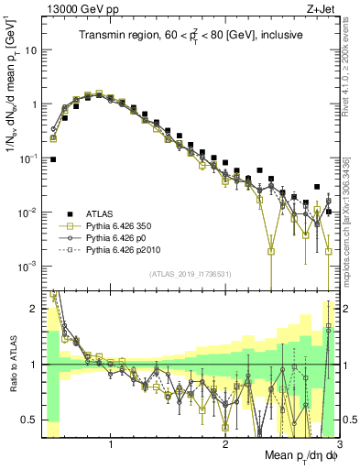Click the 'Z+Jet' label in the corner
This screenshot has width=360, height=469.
322,10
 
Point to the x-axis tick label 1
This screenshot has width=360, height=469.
111,444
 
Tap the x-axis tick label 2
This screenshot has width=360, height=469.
225,444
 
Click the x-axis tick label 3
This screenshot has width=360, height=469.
338,444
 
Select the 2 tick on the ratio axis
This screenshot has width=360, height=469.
37,308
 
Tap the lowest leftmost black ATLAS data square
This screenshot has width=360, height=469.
53,159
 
